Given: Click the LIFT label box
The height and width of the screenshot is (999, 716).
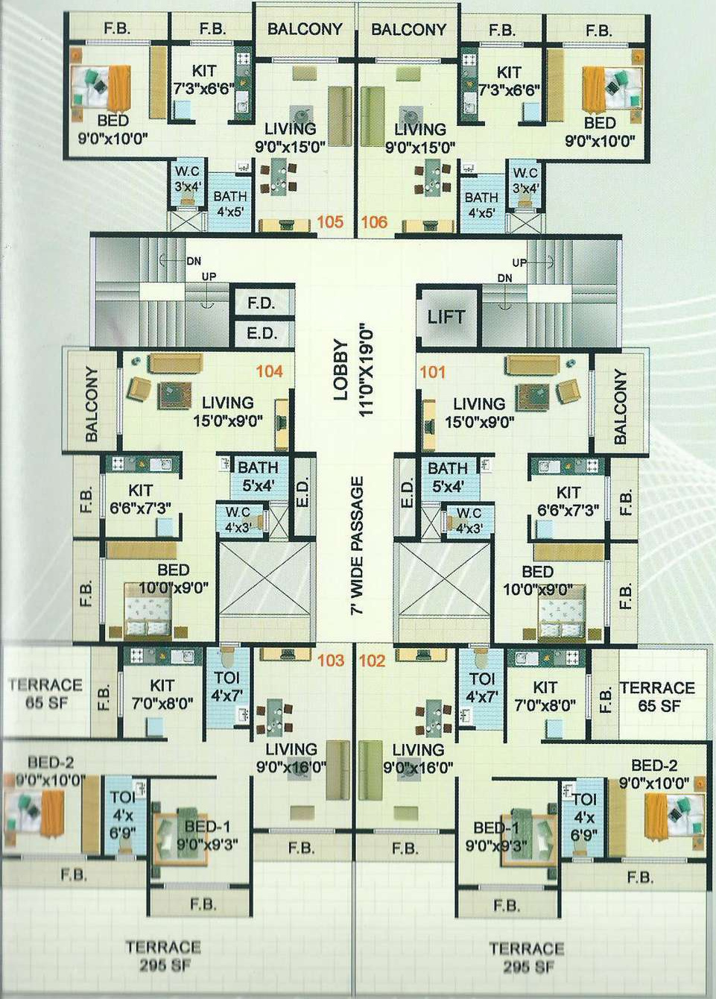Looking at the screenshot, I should [446, 317].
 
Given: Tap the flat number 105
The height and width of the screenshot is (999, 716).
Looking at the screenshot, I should [330, 221].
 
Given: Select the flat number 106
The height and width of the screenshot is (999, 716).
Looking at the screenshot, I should [374, 221].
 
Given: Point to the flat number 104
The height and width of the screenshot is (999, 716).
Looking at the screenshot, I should [269, 371].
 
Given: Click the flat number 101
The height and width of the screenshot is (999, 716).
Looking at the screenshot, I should [432, 371].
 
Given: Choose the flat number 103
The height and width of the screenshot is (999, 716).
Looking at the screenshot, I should [330, 660].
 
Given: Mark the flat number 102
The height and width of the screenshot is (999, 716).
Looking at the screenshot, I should [373, 660].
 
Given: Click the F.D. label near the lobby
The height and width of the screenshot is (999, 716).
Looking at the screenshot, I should [261, 303].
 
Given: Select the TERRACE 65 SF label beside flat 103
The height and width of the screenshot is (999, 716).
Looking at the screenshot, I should [45, 693].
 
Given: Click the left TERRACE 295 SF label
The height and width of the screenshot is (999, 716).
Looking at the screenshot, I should [163, 956].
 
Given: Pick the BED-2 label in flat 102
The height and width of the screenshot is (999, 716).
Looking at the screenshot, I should [653, 774].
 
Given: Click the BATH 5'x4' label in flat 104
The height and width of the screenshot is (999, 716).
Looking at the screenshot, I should [257, 476].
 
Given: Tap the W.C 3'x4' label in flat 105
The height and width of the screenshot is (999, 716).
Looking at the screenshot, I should [186, 179].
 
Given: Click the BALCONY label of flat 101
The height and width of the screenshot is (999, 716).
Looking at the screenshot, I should [620, 406].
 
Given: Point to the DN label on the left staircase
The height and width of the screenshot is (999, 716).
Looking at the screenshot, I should [194, 261].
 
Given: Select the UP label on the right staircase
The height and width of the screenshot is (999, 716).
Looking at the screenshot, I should [519, 262].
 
